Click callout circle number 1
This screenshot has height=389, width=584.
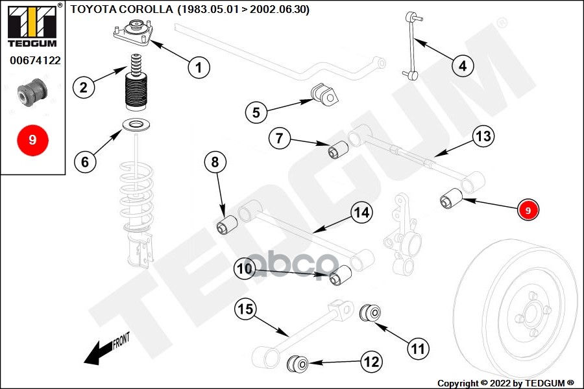pyautogui.click(x=199, y=65)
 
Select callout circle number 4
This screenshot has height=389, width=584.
pyautogui.click(x=462, y=65)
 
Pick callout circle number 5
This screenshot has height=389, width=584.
pyautogui.click(x=256, y=112)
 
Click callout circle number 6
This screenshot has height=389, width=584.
pyautogui.click(x=85, y=161)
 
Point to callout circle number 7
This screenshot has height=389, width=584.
pyautogui.click(x=280, y=137)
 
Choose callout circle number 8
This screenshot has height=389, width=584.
pyautogui.click(x=215, y=162)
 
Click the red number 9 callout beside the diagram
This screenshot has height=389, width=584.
pyautogui.click(x=528, y=210)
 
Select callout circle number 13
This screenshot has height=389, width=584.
pyautogui.click(x=483, y=137)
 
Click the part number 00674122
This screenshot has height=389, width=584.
pyautogui.click(x=35, y=61)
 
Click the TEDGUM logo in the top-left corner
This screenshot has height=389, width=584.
pyautogui.click(x=31, y=25)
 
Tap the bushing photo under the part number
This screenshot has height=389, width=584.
pyautogui.click(x=32, y=91)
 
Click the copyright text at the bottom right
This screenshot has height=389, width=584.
pyautogui.click(x=505, y=383)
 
